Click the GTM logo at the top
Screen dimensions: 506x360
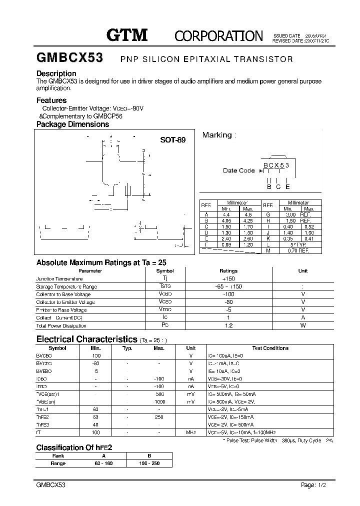[x=127, y=34]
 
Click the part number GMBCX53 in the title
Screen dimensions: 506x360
[x=69, y=58]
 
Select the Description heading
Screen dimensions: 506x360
[x=56, y=73]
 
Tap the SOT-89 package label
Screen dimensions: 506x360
[x=172, y=140]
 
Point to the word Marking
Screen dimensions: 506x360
[x=217, y=135]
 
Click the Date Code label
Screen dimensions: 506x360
[x=238, y=170]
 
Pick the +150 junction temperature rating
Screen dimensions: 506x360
[x=228, y=278]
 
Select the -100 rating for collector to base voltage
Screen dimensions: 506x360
[x=228, y=294]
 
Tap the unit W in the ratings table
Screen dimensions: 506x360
[x=303, y=325]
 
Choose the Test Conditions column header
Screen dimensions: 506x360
[x=270, y=348]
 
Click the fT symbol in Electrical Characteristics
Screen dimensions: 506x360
[x=38, y=432]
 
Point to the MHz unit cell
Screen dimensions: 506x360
[x=191, y=432]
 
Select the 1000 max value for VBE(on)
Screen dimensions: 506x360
[x=159, y=401]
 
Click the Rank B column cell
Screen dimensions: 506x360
[x=149, y=455]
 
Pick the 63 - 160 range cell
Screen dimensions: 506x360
[x=104, y=463]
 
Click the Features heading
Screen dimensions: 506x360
[x=51, y=100]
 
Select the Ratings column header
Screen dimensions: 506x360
[x=228, y=270]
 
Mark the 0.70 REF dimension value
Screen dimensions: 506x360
[x=298, y=250]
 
